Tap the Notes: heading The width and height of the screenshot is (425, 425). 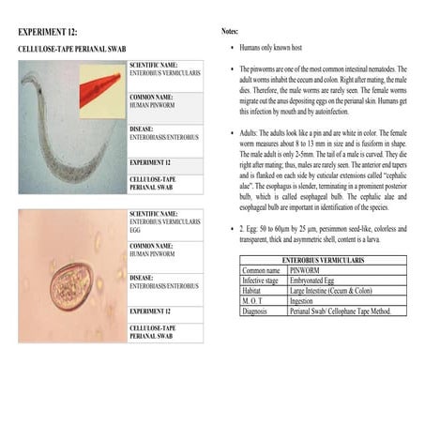(231, 32)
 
